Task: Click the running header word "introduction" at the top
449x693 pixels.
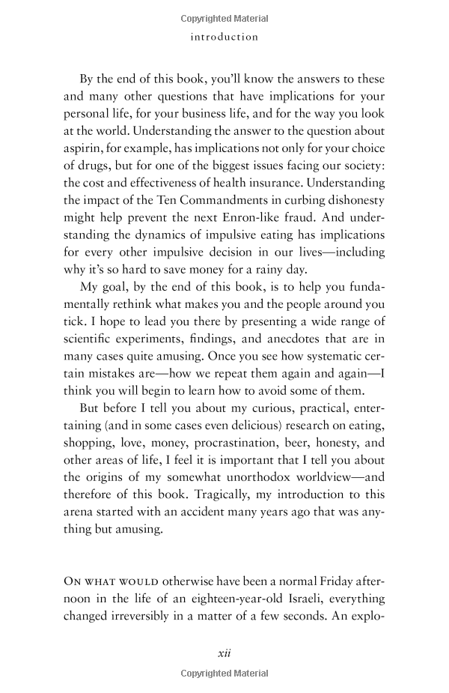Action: pos(224,37)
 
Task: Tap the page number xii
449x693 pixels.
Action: pos(224,653)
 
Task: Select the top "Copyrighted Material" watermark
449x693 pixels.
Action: pos(224,19)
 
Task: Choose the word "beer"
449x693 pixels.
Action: pos(326,443)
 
